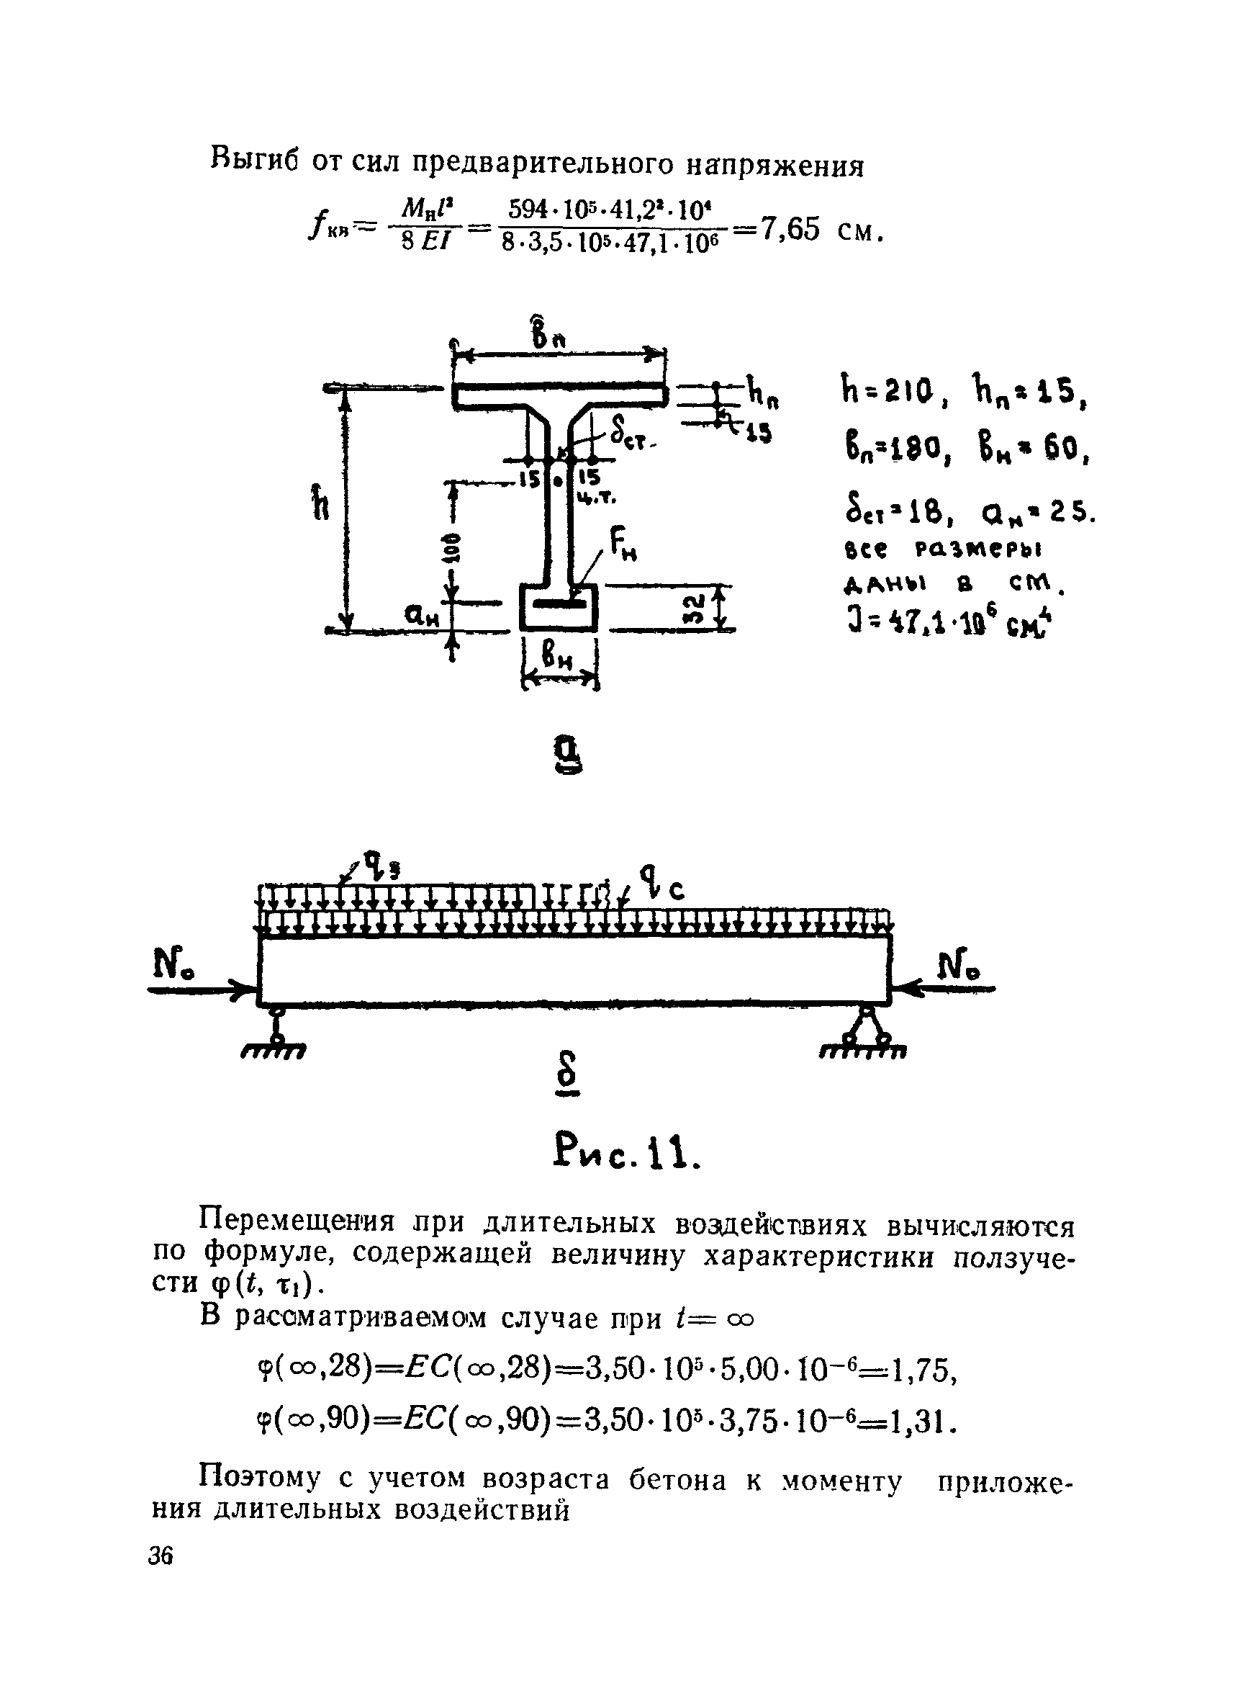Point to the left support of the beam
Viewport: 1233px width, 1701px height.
click(276, 1028)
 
